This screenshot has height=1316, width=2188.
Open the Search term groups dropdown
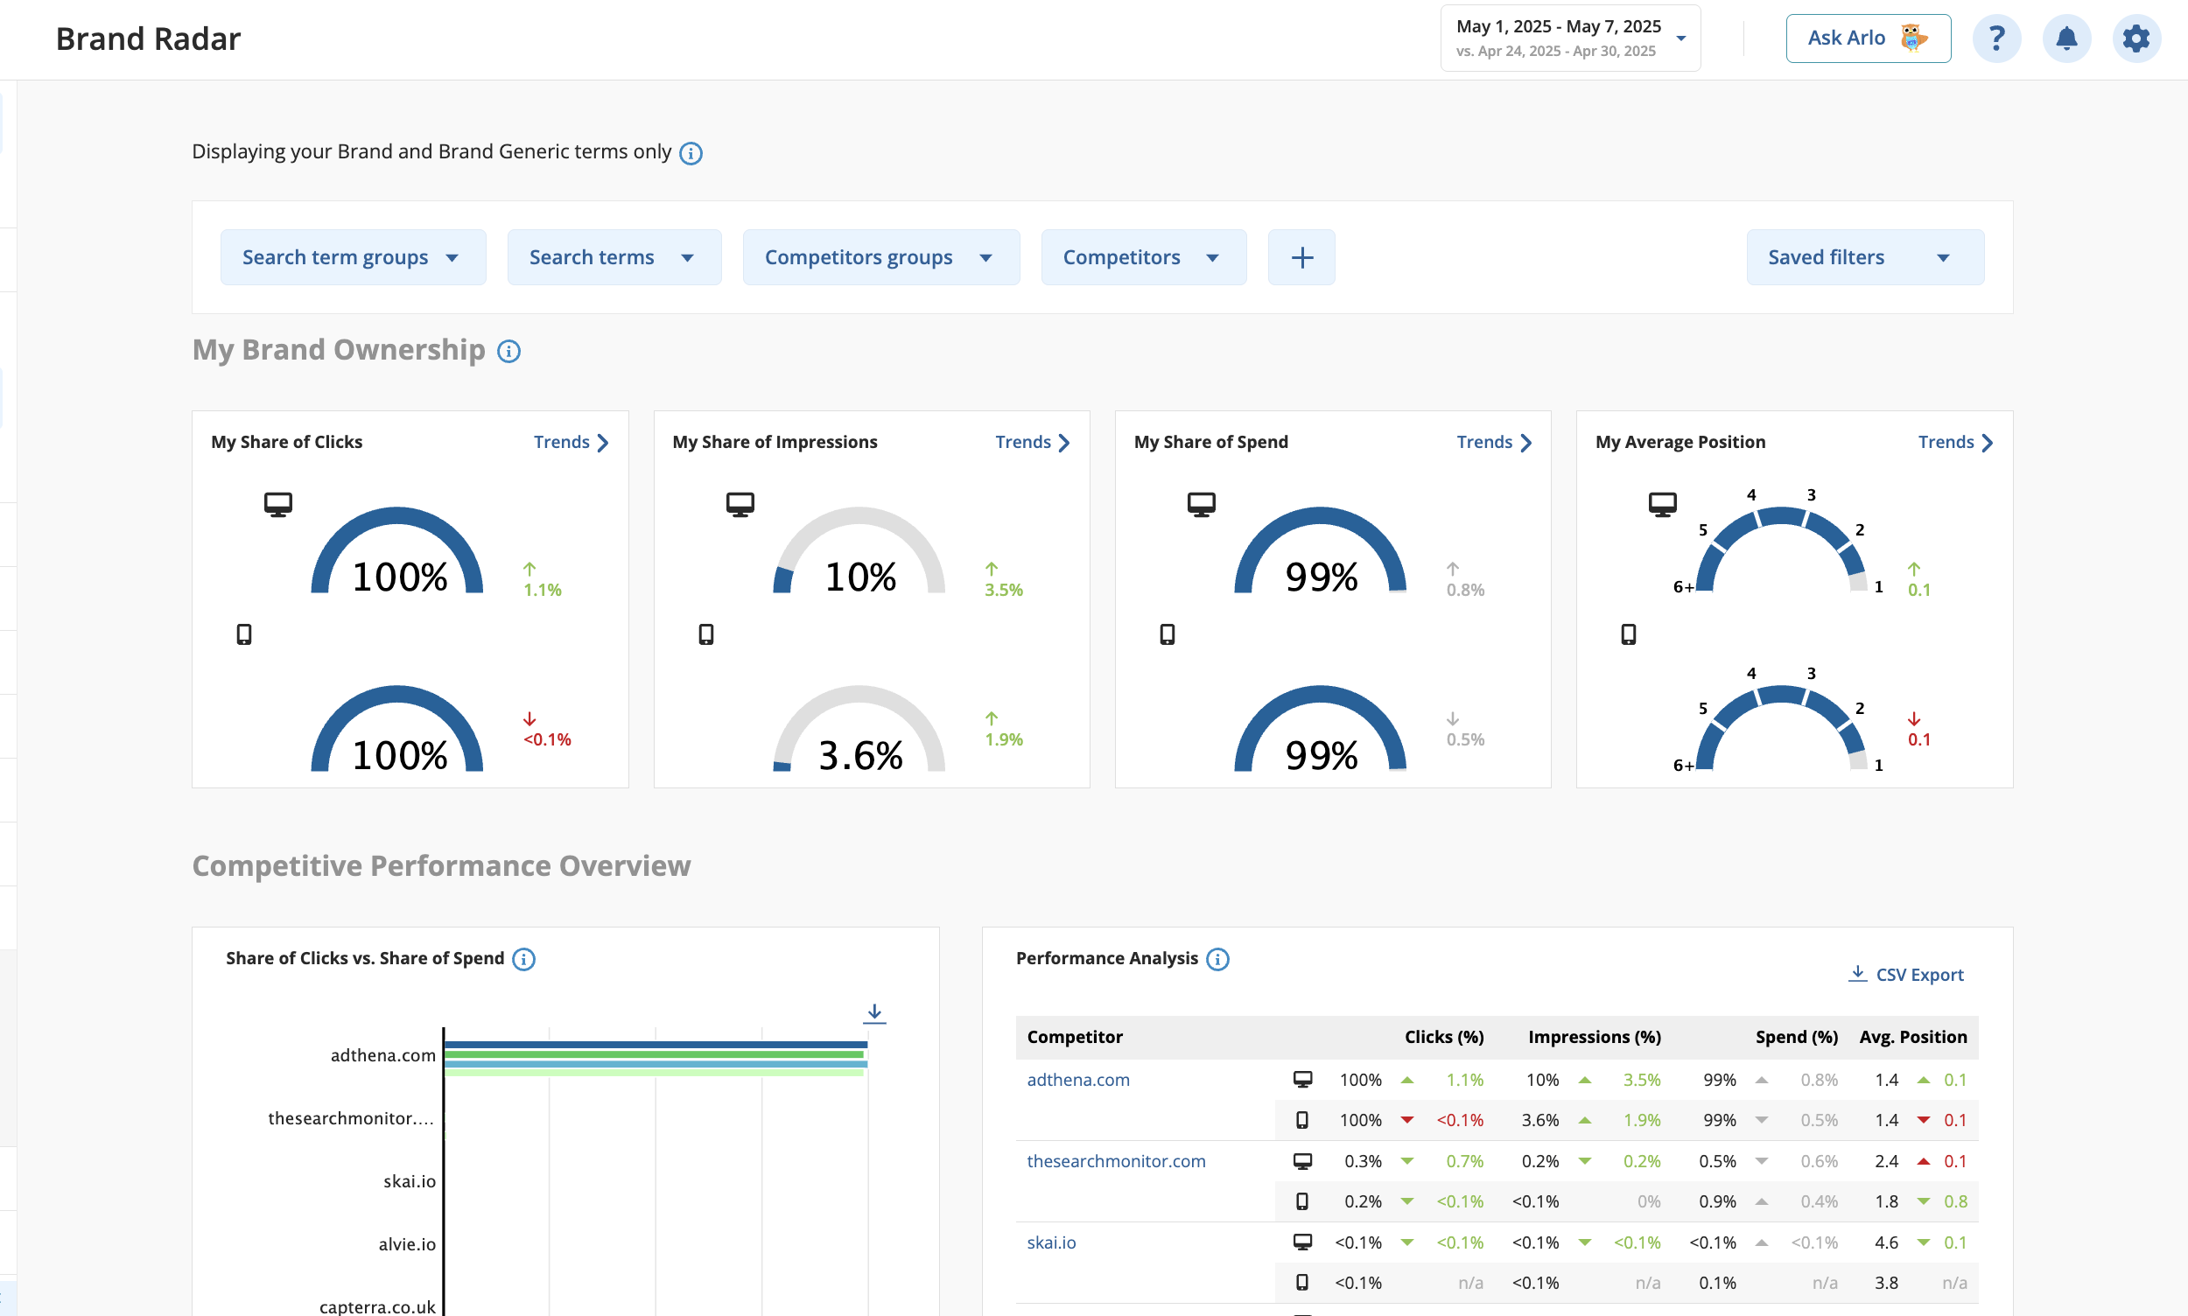click(353, 257)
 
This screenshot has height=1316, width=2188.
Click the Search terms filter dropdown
click(614, 257)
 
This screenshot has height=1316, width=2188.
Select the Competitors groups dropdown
click(880, 257)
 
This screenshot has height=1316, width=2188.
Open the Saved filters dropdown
click(1864, 257)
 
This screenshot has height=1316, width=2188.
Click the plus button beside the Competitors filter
click(1301, 257)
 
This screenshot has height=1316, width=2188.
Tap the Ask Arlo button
click(1868, 38)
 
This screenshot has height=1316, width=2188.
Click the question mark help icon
click(1996, 38)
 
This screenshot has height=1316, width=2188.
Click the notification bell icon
click(2066, 38)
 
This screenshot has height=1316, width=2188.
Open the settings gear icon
click(2136, 38)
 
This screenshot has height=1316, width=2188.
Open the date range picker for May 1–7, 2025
click(1570, 38)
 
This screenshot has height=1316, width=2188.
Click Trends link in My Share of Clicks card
click(572, 442)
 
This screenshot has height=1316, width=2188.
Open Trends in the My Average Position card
click(1955, 442)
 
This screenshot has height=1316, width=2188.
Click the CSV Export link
click(1906, 974)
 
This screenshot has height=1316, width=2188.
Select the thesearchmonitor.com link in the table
click(1116, 1161)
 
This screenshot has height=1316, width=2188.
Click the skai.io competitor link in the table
click(1051, 1242)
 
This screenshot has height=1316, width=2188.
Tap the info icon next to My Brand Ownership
click(508, 351)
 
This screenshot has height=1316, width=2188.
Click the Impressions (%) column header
click(1594, 1037)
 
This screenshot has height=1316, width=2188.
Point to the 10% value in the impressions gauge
click(859, 577)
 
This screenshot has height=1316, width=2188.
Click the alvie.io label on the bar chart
click(407, 1244)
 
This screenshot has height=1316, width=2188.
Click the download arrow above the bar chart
click(874, 1012)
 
